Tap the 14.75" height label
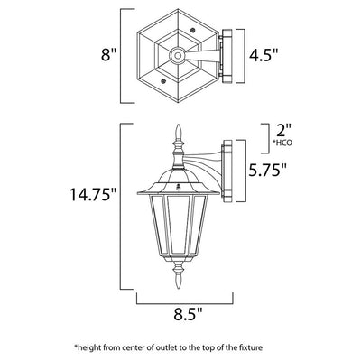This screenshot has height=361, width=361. [93, 194]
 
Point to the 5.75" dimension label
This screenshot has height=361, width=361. [267, 171]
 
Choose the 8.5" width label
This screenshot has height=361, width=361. [187, 315]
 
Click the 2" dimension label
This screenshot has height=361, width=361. [283, 131]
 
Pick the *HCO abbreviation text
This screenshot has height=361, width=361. [282, 143]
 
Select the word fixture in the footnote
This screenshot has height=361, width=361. [252, 348]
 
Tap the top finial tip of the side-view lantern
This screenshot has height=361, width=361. [179, 125]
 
